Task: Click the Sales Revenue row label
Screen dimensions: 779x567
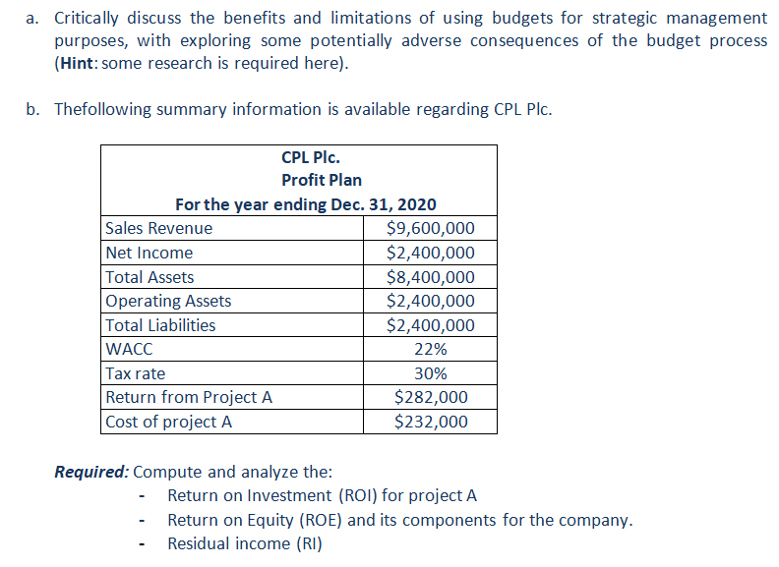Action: [158, 228]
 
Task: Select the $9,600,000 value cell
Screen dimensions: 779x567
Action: [430, 228]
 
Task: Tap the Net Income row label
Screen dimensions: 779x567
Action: [150, 253]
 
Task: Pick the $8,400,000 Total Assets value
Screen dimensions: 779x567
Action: [430, 277]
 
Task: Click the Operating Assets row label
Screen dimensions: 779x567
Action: [168, 301]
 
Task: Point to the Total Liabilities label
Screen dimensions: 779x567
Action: [160, 325]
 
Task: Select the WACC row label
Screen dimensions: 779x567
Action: [129, 349]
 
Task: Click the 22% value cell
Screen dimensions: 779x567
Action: [430, 349]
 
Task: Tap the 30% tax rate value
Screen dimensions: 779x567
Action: [430, 373]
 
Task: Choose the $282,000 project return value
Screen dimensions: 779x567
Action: [431, 397]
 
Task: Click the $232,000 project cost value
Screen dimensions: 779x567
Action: [431, 422]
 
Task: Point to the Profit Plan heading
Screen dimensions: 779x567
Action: [322, 180]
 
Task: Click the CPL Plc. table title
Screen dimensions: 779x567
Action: [311, 157]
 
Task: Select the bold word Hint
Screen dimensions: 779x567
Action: [77, 63]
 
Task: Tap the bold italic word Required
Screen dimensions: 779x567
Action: [91, 472]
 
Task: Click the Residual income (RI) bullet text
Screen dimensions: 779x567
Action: [245, 543]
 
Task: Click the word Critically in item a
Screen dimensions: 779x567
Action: [86, 19]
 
